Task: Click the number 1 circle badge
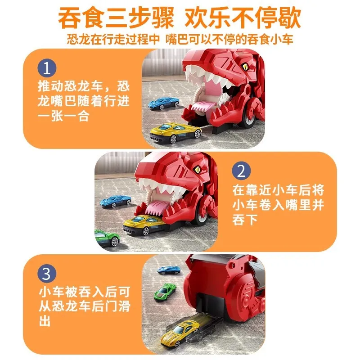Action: [48, 69]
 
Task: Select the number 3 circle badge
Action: [48, 273]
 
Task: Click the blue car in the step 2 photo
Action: [115, 201]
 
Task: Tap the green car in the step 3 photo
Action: [165, 292]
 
